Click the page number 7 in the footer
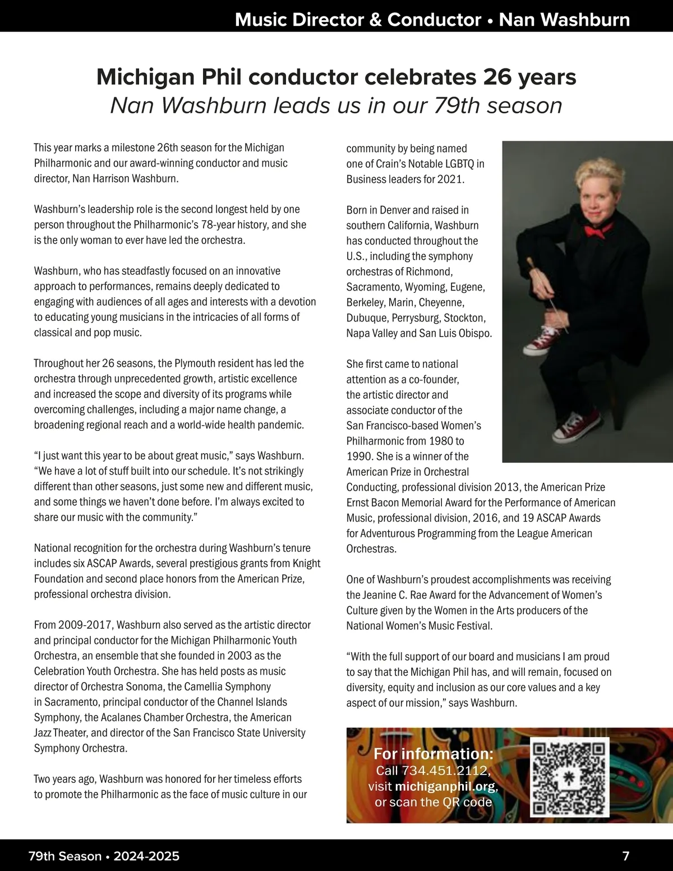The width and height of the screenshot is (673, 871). pos(626,856)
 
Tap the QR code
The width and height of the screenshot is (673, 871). pos(569,777)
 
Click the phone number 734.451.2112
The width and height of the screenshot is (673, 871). pos(446,771)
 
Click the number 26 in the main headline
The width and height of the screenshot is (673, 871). pos(497,77)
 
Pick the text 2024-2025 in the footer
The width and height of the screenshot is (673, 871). pos(146,856)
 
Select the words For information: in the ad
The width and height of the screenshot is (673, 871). pos(434,753)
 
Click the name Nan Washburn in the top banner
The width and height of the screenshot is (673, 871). pos(564,20)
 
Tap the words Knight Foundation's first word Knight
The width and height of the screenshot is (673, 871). pos(306,563)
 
